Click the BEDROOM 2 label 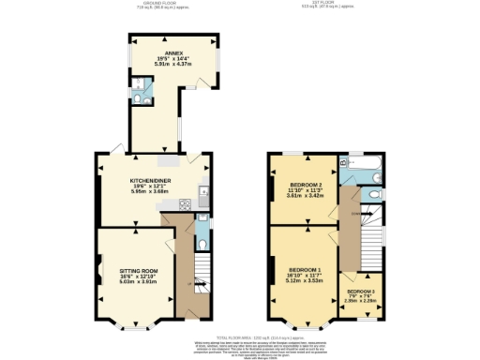(x=306, y=185)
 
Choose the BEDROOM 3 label (x=360, y=292)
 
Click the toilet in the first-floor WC (x=374, y=195)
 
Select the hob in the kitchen (x=182, y=202)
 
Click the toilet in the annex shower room (x=139, y=97)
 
